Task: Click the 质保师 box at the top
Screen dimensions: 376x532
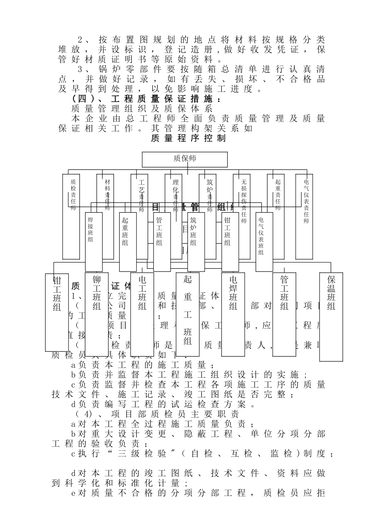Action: coord(185,159)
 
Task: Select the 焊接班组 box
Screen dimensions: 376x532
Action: coord(94,241)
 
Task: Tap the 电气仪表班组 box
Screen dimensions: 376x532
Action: coord(264,241)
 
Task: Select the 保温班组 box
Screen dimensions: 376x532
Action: coord(331,317)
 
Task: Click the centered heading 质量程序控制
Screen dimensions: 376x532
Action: coord(188,138)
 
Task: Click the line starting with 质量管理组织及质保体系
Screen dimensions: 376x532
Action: coord(142,109)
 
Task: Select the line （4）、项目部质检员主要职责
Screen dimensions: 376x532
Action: coord(157,414)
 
